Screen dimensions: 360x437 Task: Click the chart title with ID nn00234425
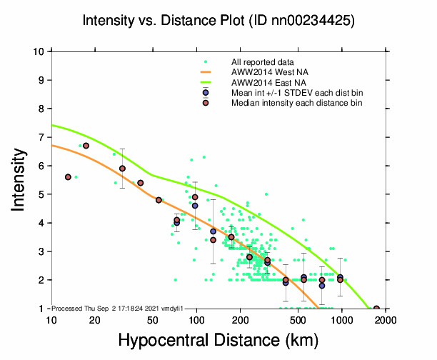(x=218, y=21)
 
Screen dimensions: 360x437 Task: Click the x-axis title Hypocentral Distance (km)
(x=218, y=341)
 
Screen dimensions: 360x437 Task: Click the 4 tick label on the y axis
(x=43, y=223)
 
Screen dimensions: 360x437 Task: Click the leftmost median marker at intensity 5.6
(x=68, y=177)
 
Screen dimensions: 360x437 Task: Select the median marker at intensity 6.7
(x=86, y=146)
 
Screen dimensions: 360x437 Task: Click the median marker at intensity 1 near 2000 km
(x=376, y=309)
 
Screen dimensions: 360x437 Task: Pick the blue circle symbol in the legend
(x=206, y=93)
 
